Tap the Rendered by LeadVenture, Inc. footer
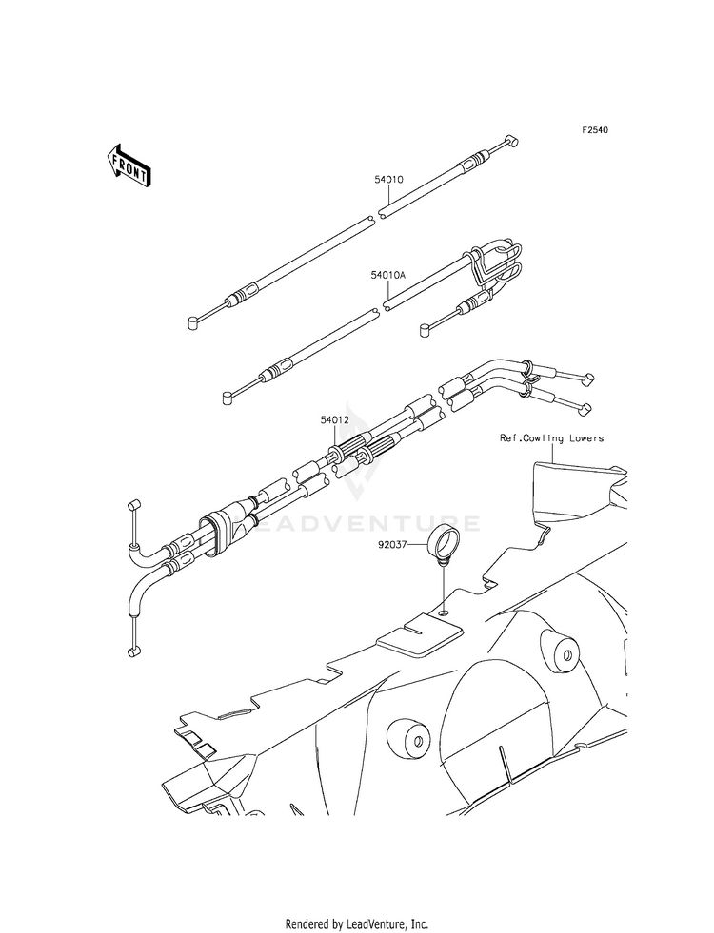[x=356, y=923]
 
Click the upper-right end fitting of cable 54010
[x=512, y=142]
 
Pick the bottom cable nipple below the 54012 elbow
[x=132, y=651]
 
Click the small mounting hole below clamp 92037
[x=444, y=613]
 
